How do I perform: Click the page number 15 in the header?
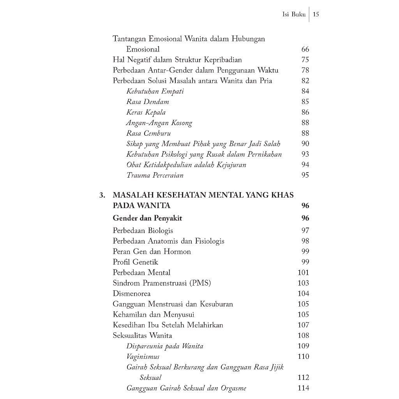point(316,14)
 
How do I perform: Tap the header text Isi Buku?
point(294,14)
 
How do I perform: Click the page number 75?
point(305,60)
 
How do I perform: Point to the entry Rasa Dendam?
point(148,102)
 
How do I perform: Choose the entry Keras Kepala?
point(146,112)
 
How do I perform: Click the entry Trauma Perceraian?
point(155,175)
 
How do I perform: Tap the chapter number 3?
point(102,195)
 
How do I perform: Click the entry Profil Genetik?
point(135,262)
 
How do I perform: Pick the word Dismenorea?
point(131,293)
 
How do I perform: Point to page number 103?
point(303,283)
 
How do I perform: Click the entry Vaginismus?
point(143,356)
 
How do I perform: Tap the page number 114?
point(303,388)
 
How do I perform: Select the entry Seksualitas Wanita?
point(142,335)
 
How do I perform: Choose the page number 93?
point(305,154)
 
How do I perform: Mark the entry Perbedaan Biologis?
point(143,230)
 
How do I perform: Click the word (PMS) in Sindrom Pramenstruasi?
point(200,283)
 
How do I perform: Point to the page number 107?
point(303,325)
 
